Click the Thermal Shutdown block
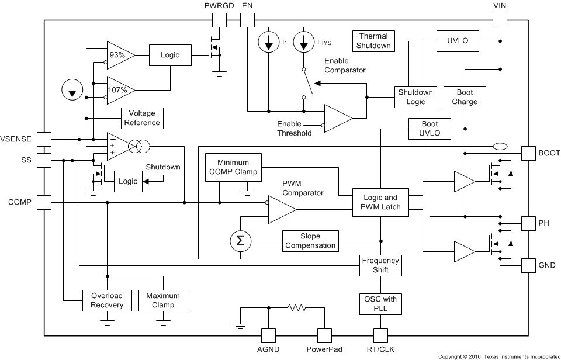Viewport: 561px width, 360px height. point(374,41)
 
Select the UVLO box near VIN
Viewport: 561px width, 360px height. point(458,41)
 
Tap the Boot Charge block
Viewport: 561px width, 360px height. point(465,97)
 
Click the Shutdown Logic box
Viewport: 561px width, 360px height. point(415,97)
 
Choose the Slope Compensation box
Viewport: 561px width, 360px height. point(310,241)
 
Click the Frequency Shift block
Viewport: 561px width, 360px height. point(380,265)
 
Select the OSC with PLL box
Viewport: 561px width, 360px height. point(380,304)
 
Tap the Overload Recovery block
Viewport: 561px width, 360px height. point(107,300)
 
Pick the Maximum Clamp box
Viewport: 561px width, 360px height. point(163,300)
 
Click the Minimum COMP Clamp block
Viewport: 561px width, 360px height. point(233,167)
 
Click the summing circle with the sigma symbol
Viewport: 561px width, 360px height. point(238,241)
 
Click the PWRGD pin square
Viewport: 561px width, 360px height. point(219,20)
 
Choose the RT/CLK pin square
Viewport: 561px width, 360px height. point(380,335)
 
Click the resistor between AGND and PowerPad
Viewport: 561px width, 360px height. point(296,307)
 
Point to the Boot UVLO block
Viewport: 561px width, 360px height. point(430,129)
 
